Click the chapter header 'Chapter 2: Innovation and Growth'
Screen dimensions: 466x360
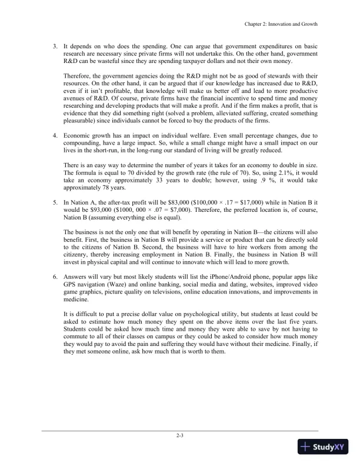click(279, 25)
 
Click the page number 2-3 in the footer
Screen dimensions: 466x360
click(180, 436)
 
